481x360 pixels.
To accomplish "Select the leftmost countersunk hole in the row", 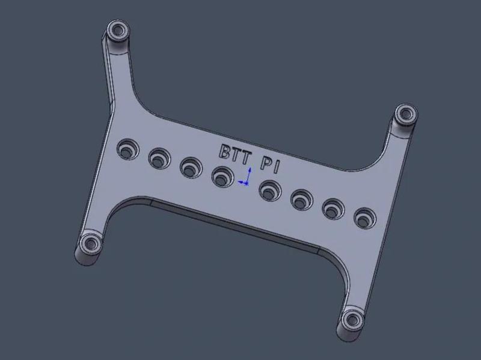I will [127, 149].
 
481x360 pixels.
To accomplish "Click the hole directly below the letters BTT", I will [222, 177].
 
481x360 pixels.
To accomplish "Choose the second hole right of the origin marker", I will [299, 200].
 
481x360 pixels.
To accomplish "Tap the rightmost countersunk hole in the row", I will [363, 217].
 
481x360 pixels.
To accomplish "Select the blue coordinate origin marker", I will [245, 181].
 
